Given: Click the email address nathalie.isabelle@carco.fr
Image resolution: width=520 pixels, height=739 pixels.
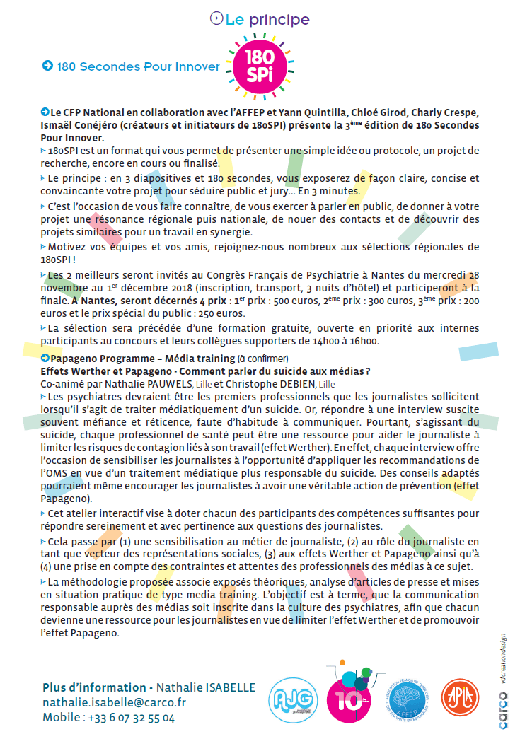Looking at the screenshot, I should [114, 702].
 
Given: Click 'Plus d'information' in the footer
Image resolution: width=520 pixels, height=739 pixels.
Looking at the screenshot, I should [94, 687].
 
